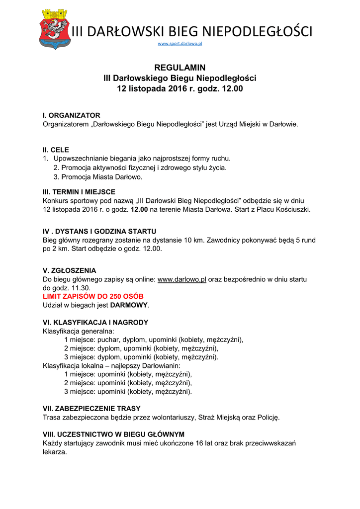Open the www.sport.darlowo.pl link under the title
point(180,44)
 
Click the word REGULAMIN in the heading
point(180,68)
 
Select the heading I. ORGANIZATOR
point(72,115)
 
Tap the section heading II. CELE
point(56,150)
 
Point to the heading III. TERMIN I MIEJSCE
point(79,192)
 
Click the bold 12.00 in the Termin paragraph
point(139,210)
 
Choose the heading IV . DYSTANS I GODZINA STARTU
point(99,232)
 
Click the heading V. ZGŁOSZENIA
point(70,271)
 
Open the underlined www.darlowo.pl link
point(181,280)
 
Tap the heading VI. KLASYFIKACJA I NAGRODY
point(95,323)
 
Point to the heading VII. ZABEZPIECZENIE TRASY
point(91,409)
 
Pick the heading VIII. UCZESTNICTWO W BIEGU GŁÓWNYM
point(114,434)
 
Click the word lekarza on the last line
point(55,452)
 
